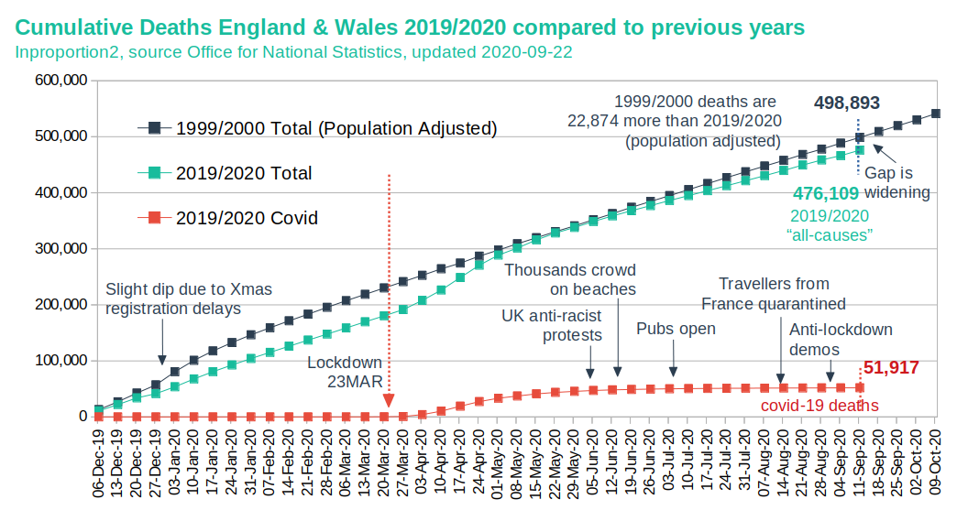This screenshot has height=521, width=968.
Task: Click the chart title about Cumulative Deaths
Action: tap(410, 27)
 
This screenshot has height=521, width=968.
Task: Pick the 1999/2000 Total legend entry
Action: tap(335, 128)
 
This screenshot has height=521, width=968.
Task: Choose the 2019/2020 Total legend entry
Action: tap(244, 173)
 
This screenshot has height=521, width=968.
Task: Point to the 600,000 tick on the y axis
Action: tap(61, 81)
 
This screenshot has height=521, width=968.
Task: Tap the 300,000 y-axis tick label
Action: tap(61, 248)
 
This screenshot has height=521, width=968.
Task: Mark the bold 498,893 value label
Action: tap(852, 103)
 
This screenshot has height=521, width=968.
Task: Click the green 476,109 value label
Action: tap(826, 193)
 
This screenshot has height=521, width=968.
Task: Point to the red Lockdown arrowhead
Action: tap(389, 400)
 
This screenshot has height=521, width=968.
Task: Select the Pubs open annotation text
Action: tap(676, 329)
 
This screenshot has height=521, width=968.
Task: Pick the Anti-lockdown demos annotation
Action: tap(840, 339)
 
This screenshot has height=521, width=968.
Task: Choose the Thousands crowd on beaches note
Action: tap(569, 279)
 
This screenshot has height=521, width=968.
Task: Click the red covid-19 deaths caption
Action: tap(819, 406)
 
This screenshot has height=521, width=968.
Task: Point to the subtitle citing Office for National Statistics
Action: tap(294, 51)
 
